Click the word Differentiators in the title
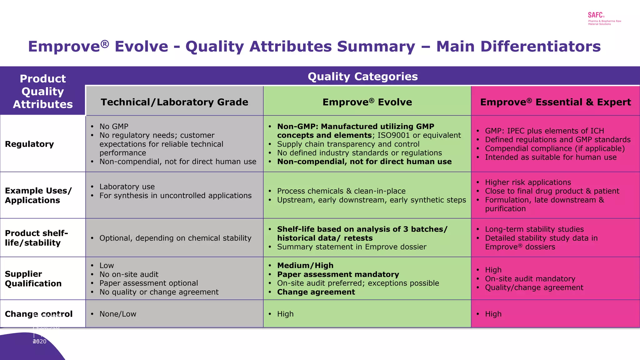[x=518, y=47]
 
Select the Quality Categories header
[x=362, y=77]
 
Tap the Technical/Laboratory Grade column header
[x=174, y=102]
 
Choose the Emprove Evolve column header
[x=367, y=102]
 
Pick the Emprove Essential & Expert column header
[x=555, y=102]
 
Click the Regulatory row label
[x=29, y=144]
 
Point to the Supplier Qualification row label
[x=33, y=278]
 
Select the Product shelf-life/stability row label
[x=36, y=238]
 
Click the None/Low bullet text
[x=118, y=314]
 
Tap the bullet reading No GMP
[x=114, y=127]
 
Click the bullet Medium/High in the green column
[x=305, y=266]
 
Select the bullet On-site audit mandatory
[x=530, y=279]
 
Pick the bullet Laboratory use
[x=127, y=187]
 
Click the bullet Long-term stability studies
[x=534, y=229]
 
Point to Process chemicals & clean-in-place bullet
[x=341, y=191]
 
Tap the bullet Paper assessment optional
[x=148, y=283]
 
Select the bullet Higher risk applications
[x=528, y=182]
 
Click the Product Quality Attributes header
[x=43, y=91]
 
